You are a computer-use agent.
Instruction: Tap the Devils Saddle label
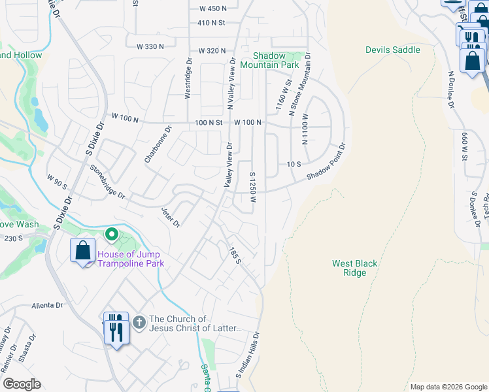click(x=392, y=50)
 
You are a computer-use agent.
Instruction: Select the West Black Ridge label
click(x=354, y=268)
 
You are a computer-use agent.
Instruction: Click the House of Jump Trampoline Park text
click(x=130, y=259)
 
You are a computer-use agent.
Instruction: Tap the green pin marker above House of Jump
click(x=111, y=233)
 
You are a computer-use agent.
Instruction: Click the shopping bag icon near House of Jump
click(x=82, y=251)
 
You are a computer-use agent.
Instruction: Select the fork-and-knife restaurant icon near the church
click(x=116, y=329)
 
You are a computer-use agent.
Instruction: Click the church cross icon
click(x=139, y=322)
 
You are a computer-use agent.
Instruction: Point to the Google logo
click(x=22, y=384)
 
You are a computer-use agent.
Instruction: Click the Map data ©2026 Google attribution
click(x=448, y=387)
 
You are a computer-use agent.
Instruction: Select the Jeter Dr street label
click(x=171, y=217)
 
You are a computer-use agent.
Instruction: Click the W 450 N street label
click(x=212, y=8)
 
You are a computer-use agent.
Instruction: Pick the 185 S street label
click(x=235, y=255)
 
